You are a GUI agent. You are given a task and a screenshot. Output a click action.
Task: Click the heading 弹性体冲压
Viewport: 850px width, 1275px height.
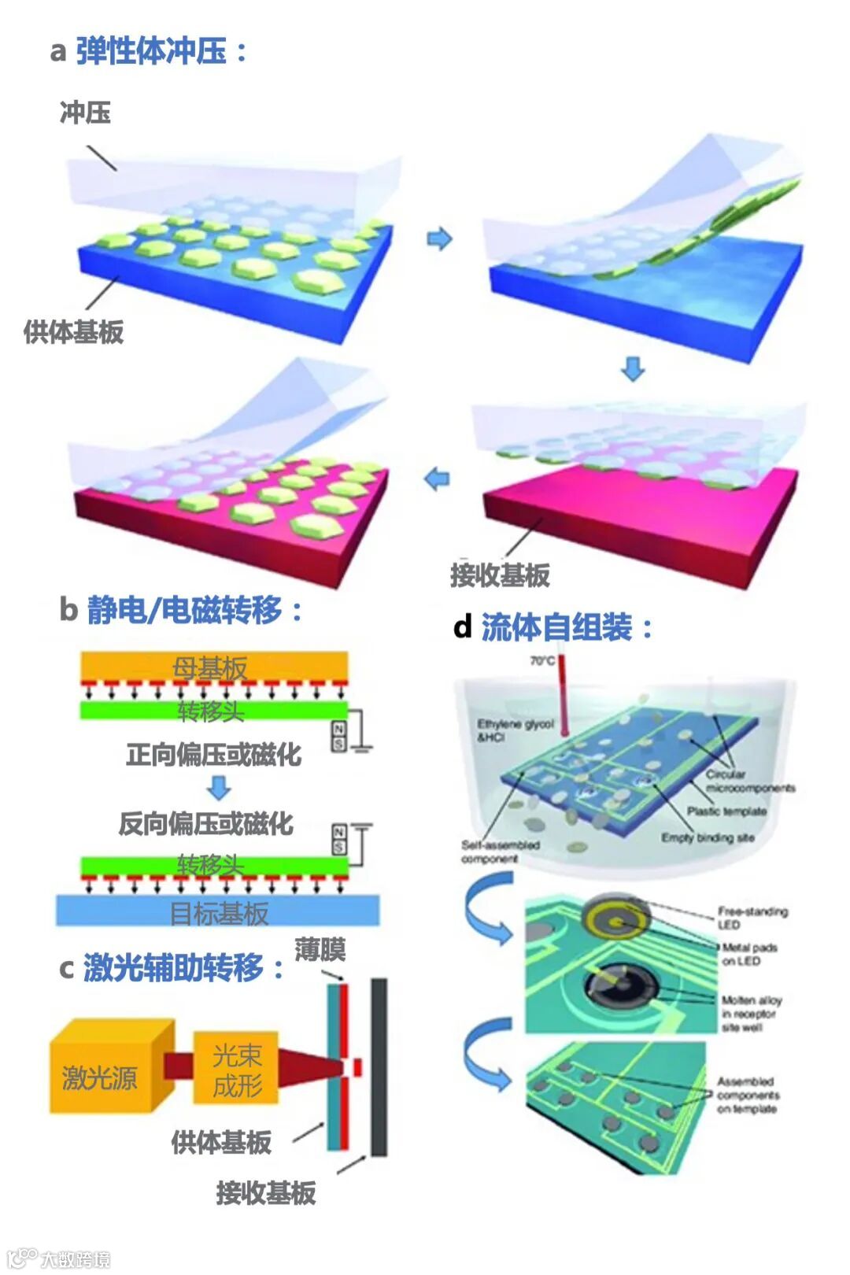[151, 51]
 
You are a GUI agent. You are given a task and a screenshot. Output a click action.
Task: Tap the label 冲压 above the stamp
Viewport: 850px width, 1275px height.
[85, 113]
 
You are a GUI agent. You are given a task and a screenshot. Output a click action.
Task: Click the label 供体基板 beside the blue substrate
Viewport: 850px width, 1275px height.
[73, 332]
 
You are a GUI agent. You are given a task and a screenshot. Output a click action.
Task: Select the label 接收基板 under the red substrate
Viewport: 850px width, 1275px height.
[500, 575]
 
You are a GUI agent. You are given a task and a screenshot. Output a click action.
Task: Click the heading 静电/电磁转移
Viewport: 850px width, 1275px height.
[184, 610]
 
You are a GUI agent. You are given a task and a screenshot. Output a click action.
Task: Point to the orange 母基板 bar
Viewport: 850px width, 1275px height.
[214, 666]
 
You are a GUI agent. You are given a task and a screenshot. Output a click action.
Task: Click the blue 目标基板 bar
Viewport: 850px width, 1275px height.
[218, 911]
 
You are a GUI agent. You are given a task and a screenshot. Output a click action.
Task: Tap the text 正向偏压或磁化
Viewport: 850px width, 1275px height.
[213, 754]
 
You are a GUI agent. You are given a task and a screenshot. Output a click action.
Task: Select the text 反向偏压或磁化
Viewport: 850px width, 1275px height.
[205, 823]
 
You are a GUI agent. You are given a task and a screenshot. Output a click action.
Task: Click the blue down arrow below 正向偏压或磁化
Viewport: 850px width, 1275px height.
[219, 787]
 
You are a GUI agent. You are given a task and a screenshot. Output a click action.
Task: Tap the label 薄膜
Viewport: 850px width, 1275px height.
[320, 949]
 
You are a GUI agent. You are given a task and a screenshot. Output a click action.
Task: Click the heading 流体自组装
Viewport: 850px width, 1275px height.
[556, 627]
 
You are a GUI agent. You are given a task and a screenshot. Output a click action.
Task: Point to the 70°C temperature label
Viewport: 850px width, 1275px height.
[542, 660]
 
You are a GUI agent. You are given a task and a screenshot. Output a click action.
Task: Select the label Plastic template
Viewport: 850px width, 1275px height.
[726, 811]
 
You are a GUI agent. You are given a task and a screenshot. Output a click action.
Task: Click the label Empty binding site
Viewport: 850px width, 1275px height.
[707, 837]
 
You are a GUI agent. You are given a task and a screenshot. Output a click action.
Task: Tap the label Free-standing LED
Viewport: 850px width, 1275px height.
[752, 918]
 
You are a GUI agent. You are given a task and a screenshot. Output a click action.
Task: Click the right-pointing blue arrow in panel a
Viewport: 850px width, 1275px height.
[439, 238]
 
